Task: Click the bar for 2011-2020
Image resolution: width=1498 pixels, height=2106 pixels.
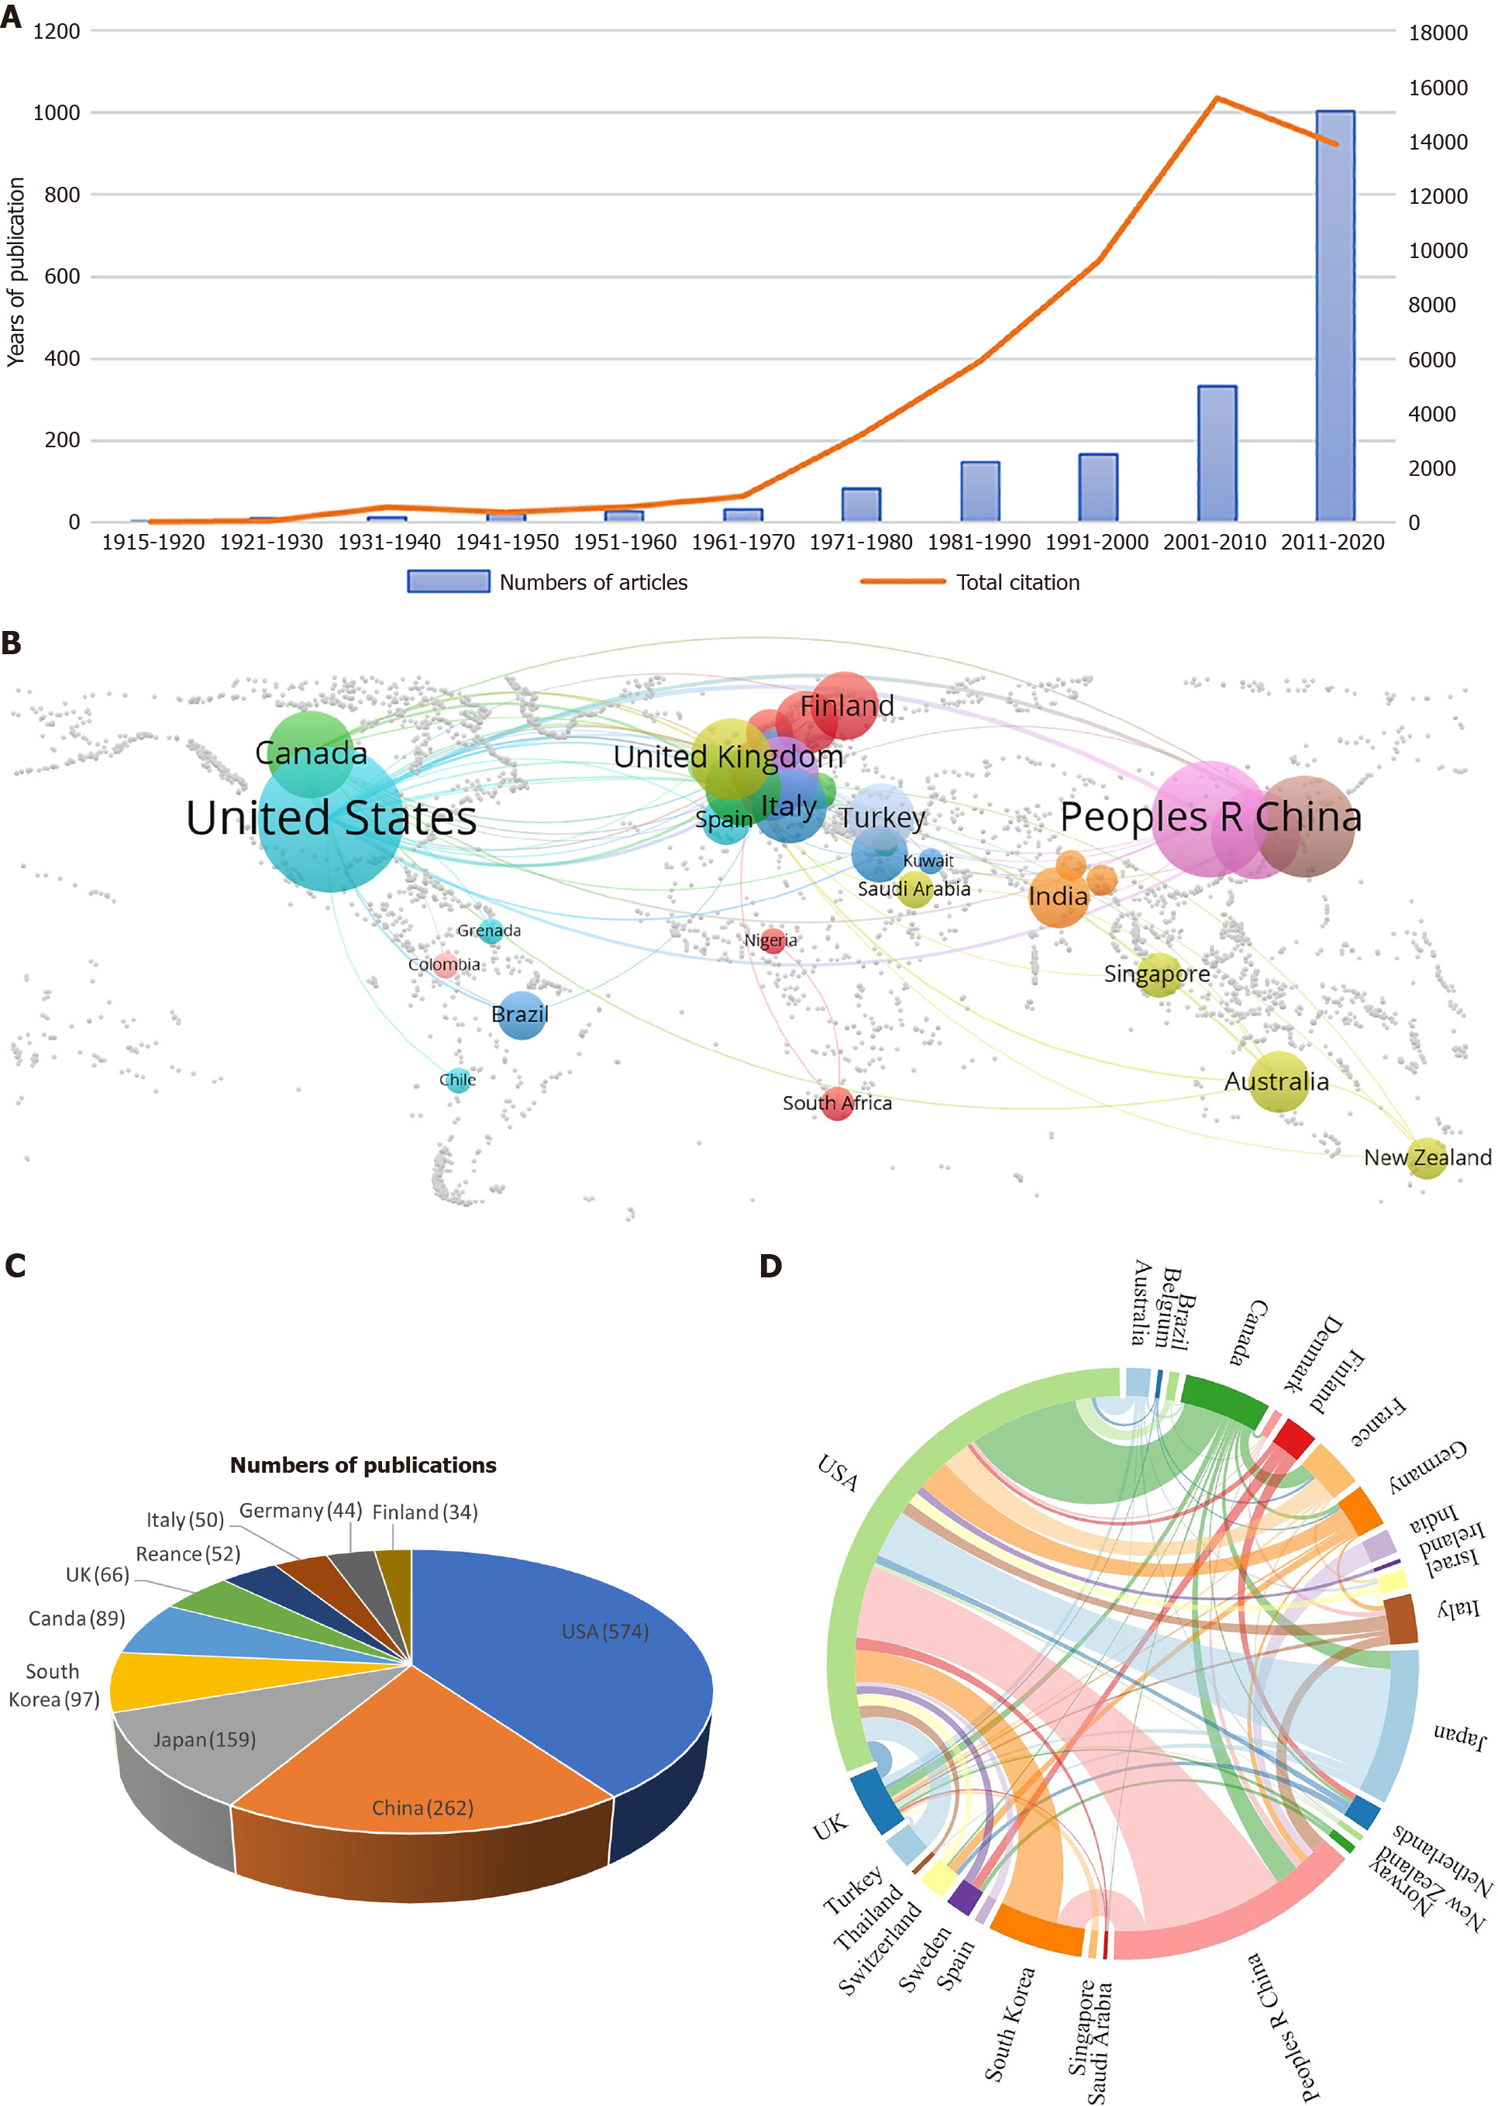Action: tap(1334, 315)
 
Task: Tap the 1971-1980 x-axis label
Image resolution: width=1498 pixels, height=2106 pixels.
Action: tap(861, 543)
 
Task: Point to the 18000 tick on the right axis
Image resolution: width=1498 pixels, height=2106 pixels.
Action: tap(1437, 33)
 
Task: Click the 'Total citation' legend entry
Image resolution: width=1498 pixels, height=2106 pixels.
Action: tap(1018, 582)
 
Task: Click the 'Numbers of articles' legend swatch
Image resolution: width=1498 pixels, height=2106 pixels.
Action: tap(448, 581)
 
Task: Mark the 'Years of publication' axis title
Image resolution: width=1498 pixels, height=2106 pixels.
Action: tap(15, 272)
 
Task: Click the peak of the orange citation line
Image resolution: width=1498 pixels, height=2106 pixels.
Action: tap(1217, 98)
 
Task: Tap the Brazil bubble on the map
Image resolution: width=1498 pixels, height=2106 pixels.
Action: tap(522, 1015)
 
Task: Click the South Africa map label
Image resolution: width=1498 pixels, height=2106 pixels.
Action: tap(837, 1102)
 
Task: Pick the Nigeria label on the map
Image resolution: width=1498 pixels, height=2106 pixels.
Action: tap(770, 940)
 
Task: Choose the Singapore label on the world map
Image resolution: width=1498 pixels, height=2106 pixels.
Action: tap(1157, 974)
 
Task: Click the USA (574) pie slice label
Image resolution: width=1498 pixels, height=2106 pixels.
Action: tap(605, 1632)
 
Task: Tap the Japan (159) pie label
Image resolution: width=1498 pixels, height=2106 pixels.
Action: tap(204, 1740)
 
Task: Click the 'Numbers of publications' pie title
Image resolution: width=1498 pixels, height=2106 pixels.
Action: tap(363, 1465)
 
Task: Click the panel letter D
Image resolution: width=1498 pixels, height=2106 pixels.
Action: tap(770, 1267)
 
